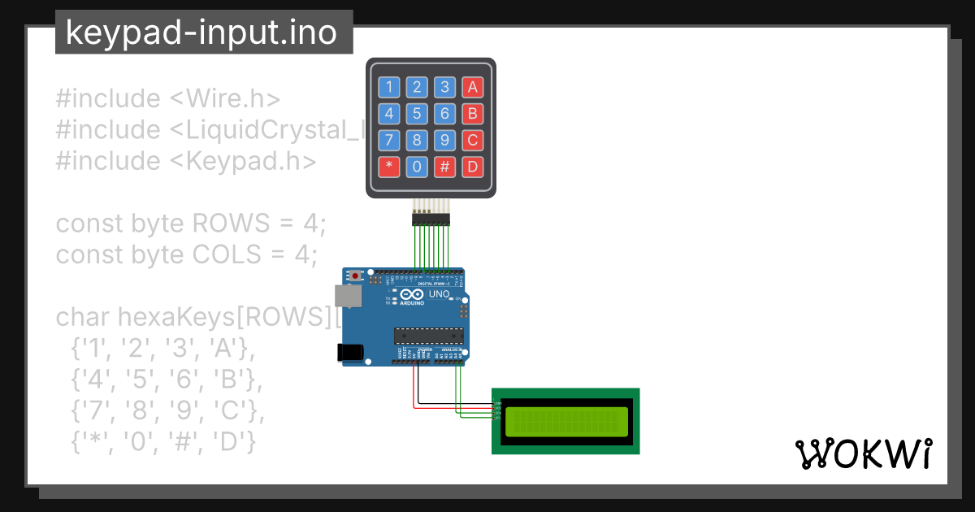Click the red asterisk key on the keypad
[x=390, y=167]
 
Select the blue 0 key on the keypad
[x=417, y=167]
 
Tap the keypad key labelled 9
[x=444, y=141]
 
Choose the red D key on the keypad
[x=472, y=167]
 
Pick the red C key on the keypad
[x=472, y=141]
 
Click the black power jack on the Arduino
[x=349, y=351]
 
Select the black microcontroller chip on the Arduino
[x=428, y=336]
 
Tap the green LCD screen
[x=567, y=422]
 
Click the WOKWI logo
[x=863, y=454]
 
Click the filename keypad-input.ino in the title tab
[x=201, y=33]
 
